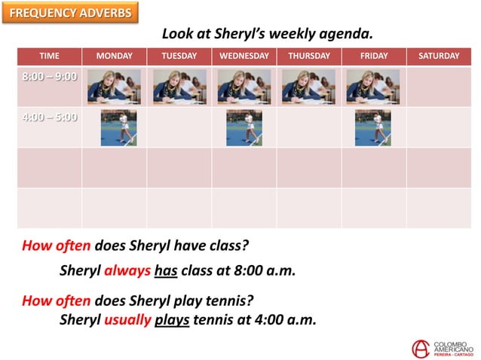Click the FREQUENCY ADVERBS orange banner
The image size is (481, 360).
[x=70, y=13]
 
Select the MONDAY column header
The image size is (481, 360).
[x=114, y=56]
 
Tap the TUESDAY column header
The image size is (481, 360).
[x=179, y=56]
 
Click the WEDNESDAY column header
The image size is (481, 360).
[x=244, y=56]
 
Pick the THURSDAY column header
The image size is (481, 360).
[x=308, y=56]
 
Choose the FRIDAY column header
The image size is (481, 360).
[x=373, y=56]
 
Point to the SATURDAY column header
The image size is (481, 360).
[x=438, y=56]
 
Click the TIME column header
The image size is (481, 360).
[x=49, y=56]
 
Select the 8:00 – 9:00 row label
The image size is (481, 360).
[x=49, y=77]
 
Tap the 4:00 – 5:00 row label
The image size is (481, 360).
[x=49, y=117]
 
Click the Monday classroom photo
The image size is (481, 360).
[x=114, y=87]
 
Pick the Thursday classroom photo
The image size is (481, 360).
[x=308, y=87]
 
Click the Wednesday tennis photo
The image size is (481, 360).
[x=244, y=127]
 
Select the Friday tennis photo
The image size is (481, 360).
[x=373, y=127]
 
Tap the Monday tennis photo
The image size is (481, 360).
[x=118, y=127]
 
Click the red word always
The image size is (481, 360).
[x=127, y=271]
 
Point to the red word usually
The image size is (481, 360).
[x=127, y=319]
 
